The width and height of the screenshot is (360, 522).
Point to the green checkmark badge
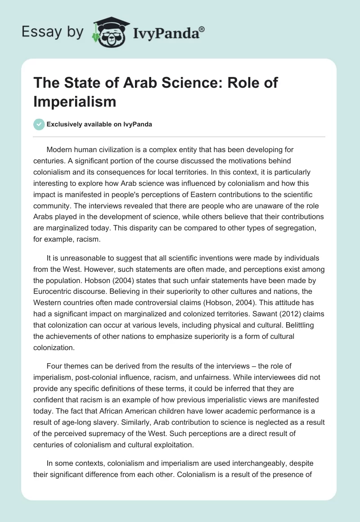click(x=39, y=124)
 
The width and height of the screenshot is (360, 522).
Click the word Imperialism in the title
click(x=75, y=102)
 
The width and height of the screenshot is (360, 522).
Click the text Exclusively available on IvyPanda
click(x=100, y=124)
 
